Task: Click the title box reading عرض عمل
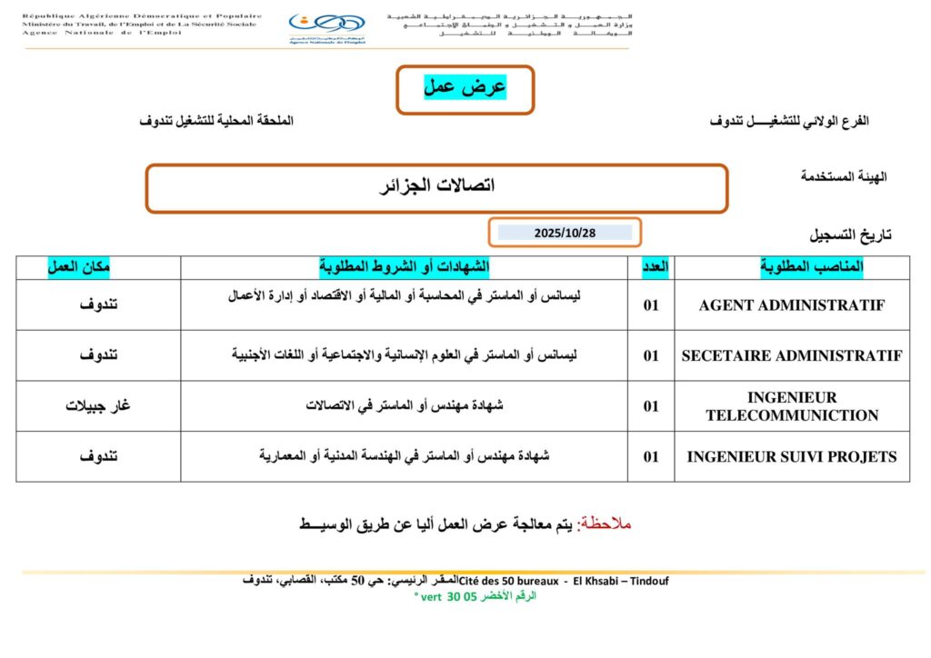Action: (465, 88)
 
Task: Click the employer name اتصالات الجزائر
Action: (436, 187)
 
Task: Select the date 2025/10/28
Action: (565, 233)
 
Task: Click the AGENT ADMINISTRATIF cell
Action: (791, 305)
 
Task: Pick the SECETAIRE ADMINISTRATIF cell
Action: (791, 355)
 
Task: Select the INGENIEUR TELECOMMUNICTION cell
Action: (791, 406)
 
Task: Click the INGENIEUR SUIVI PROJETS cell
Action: (791, 456)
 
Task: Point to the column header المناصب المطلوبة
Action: (811, 266)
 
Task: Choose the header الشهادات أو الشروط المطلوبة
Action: (404, 266)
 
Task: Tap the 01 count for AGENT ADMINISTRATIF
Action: (651, 305)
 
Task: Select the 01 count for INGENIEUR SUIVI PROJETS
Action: (651, 456)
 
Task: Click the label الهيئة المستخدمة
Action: (844, 176)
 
